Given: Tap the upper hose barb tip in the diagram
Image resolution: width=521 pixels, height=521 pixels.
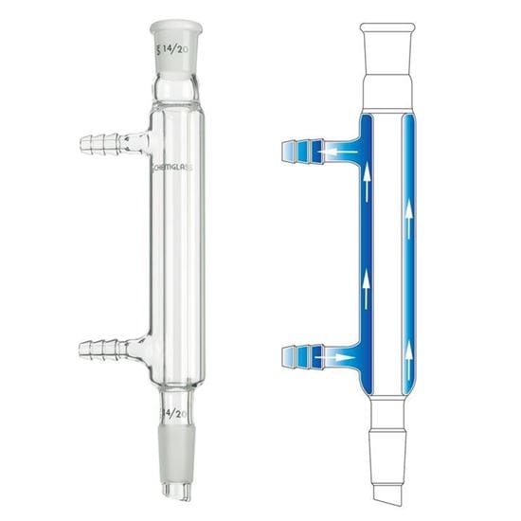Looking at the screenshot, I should coord(295,150).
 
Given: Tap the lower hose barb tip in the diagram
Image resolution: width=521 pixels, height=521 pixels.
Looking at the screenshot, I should coord(295,358).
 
